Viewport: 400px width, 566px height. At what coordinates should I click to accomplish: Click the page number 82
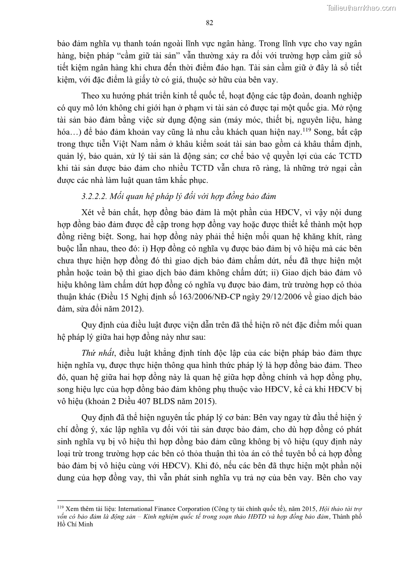pos(210,22)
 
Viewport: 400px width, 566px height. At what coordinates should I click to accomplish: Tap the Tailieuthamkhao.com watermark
pos(361,8)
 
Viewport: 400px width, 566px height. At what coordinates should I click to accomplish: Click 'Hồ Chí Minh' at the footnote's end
pos(72,524)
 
